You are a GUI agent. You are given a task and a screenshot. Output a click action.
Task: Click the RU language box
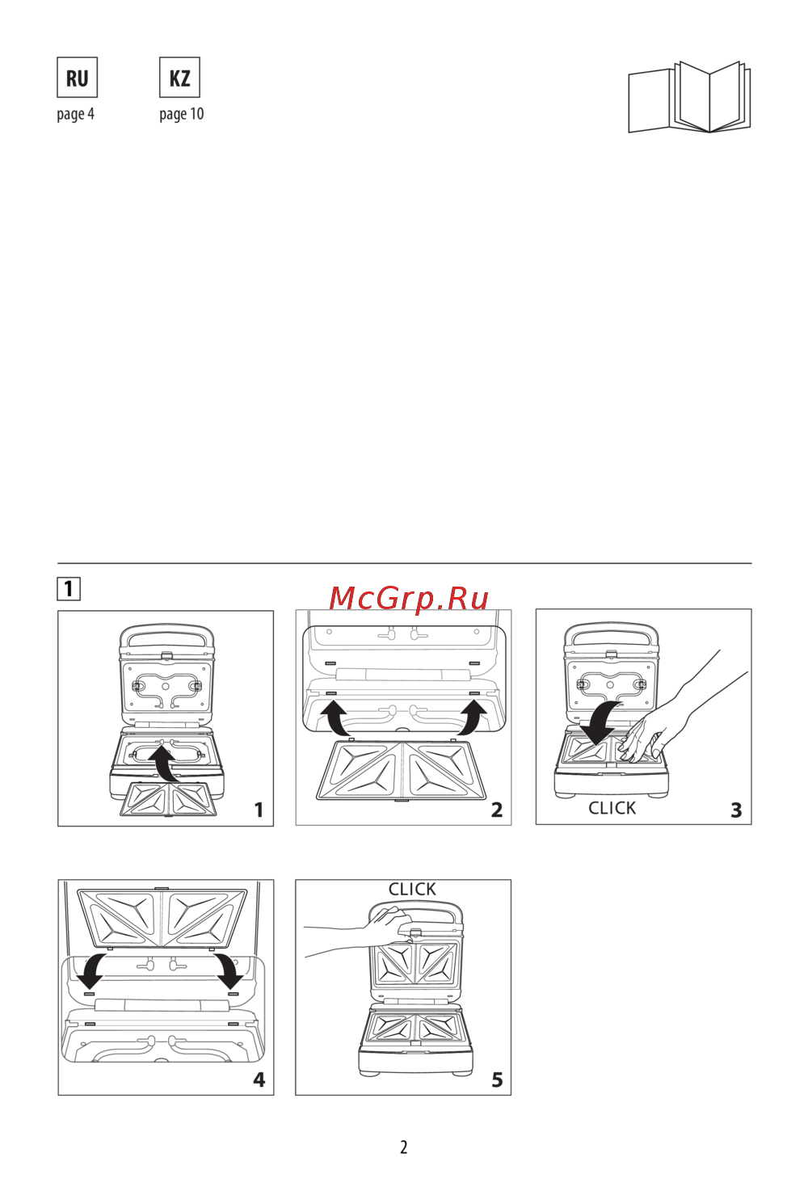78,78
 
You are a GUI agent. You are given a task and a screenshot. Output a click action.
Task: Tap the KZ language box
179,78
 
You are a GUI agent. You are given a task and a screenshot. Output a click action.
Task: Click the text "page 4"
76,114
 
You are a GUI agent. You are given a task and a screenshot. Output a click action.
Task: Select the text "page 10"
181,114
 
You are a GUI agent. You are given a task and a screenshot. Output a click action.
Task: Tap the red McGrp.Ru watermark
409,598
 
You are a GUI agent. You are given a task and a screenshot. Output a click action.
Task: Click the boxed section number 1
69,589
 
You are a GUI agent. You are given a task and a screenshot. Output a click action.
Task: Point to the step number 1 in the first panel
259,810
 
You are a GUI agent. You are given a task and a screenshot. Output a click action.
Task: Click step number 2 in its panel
497,810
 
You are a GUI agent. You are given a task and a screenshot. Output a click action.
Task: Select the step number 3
736,810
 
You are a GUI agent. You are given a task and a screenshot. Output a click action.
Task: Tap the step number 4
259,1079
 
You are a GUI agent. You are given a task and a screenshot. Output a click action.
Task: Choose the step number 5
497,1079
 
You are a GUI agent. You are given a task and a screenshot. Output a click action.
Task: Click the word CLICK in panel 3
612,808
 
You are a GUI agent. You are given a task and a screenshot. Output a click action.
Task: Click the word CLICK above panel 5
412,889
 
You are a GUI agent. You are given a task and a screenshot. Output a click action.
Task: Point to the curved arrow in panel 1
166,764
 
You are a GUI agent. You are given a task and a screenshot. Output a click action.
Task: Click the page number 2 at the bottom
404,1147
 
